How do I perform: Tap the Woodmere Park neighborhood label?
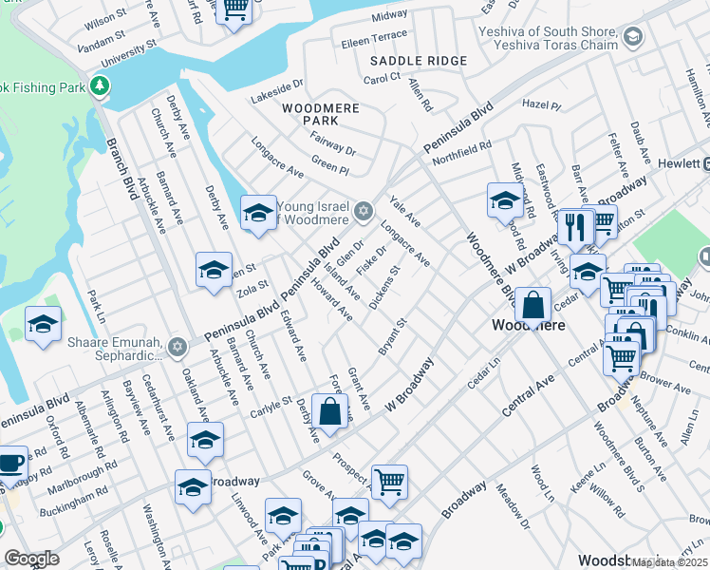[x=320, y=114]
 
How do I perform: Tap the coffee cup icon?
[x=10, y=465]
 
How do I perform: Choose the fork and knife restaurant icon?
[x=576, y=226]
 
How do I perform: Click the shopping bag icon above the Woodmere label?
[x=533, y=304]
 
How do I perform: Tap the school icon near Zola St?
[x=214, y=270]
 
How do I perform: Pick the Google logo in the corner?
[x=31, y=559]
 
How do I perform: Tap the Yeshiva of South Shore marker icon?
[x=633, y=38]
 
